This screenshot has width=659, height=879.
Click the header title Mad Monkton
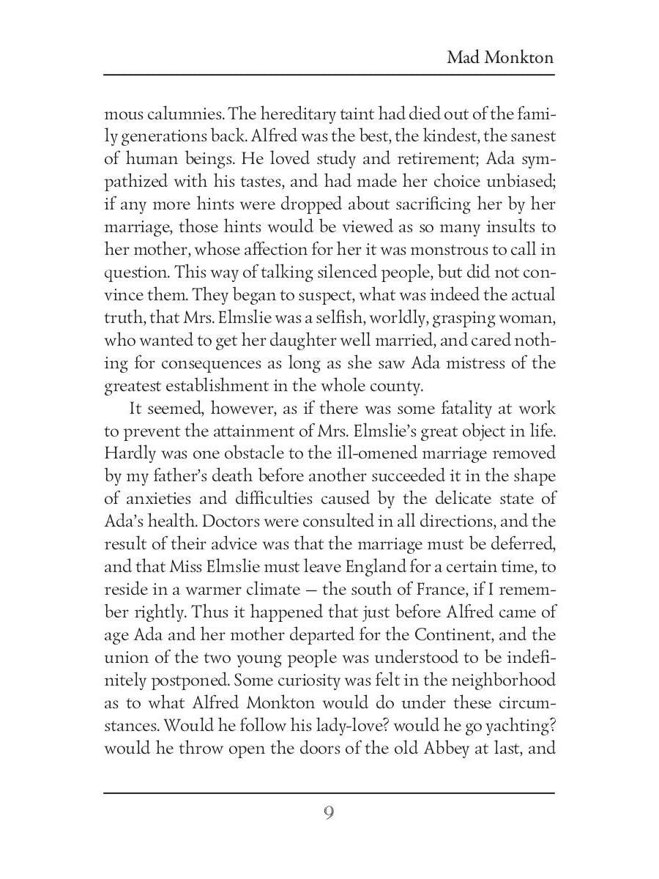click(x=500, y=57)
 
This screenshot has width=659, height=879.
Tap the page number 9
click(x=329, y=813)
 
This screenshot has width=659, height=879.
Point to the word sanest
click(x=529, y=136)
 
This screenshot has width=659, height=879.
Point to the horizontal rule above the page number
click(x=329, y=793)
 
